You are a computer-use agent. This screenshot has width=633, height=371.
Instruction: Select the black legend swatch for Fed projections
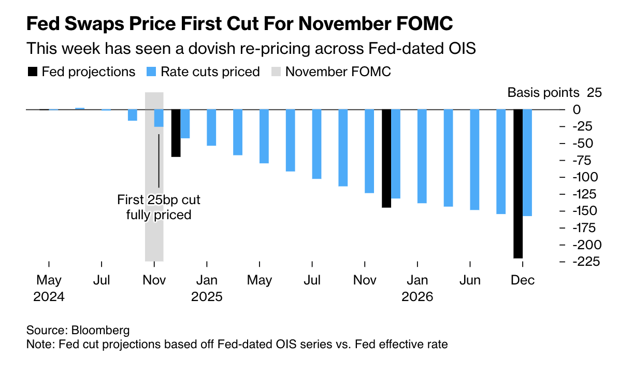click(32, 72)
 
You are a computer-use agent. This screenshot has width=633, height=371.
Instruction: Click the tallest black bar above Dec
click(518, 183)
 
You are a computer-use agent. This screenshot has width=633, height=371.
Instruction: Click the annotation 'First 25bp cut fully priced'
click(159, 207)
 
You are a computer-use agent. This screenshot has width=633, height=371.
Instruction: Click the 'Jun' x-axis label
click(470, 280)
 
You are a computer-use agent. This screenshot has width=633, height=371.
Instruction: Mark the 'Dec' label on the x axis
click(523, 280)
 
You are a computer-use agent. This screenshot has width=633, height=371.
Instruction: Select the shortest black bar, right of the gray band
click(176, 133)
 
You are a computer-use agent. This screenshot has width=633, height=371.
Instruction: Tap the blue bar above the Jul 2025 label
click(316, 144)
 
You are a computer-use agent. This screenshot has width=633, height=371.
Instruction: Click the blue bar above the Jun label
click(474, 160)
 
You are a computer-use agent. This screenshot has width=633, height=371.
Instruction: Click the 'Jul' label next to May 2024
click(102, 280)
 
